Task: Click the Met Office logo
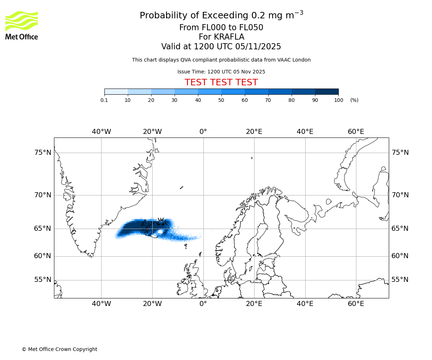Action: (x=22, y=25)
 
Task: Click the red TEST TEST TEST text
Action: (x=221, y=82)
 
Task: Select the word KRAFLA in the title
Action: (x=229, y=37)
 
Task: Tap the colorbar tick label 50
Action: (x=221, y=100)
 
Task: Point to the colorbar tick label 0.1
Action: (x=104, y=100)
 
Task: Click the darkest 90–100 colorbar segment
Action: (x=327, y=91)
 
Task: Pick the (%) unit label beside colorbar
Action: (x=354, y=100)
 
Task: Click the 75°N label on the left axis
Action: (x=43, y=153)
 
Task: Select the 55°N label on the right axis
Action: (x=400, y=280)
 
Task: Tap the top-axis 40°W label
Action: (x=101, y=132)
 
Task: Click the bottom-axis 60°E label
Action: (x=356, y=304)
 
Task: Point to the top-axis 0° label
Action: (x=203, y=132)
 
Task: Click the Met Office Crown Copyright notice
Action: (x=59, y=349)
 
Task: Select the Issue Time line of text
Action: (x=221, y=72)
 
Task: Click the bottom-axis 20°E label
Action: (x=254, y=304)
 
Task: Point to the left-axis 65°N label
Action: (x=43, y=229)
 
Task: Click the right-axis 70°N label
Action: (x=400, y=195)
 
